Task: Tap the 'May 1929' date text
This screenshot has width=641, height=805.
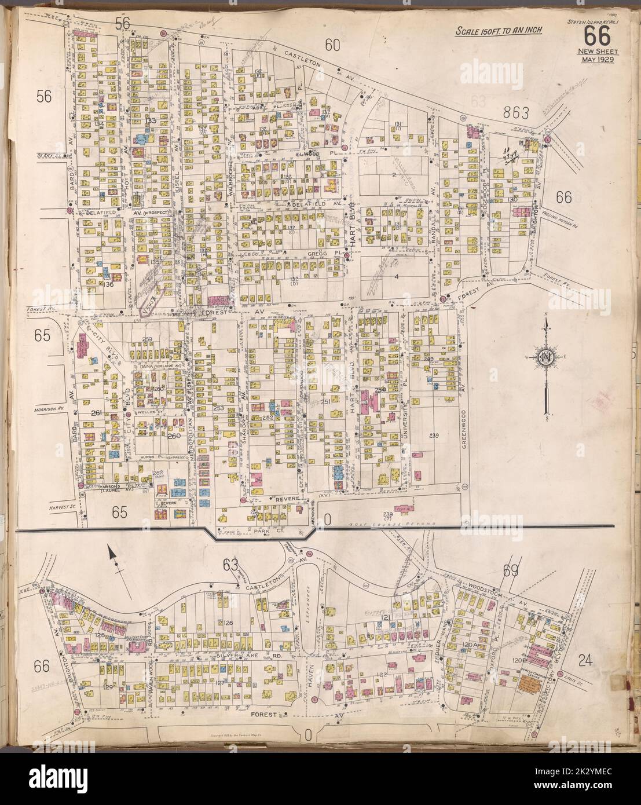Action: (x=594, y=60)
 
